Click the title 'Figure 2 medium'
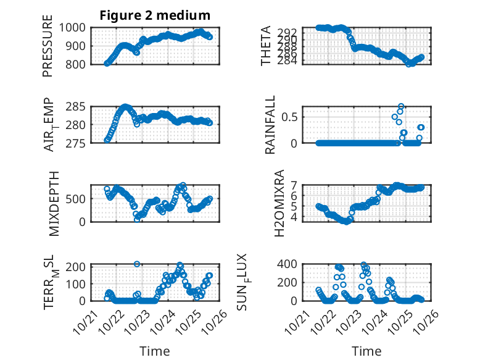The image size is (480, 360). coord(155,15)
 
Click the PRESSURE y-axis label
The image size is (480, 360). coord(48,46)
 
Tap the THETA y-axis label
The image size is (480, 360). coord(266,46)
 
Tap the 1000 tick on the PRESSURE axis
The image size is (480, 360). coord(75,28)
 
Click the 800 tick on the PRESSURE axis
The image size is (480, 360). coord(78,64)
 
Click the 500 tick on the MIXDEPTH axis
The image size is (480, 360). coord(78,199)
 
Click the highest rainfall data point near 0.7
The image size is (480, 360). coord(401,106)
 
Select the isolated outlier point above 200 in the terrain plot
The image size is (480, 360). coord(138,264)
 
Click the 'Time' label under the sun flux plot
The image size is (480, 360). coord(366,351)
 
